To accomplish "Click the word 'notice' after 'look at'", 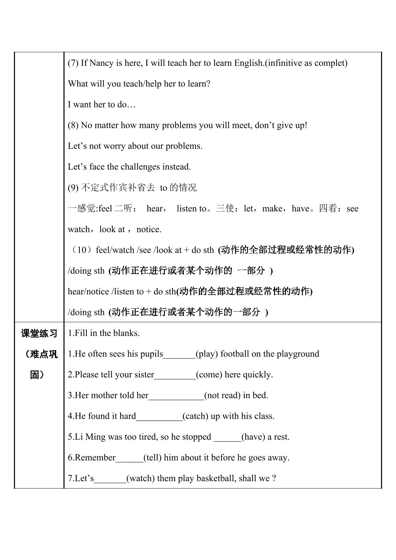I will (x=149, y=229).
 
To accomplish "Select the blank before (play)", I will (x=180, y=354).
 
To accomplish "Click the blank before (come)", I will (x=175, y=375).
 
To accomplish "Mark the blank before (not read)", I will (x=176, y=396).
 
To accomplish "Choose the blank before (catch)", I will (x=159, y=417).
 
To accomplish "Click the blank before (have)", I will (x=227, y=437).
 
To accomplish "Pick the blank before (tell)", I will (x=130, y=458).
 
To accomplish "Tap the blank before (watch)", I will (x=110, y=479).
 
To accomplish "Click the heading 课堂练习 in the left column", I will (x=39, y=334).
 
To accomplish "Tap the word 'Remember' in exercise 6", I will (x=95, y=458).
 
